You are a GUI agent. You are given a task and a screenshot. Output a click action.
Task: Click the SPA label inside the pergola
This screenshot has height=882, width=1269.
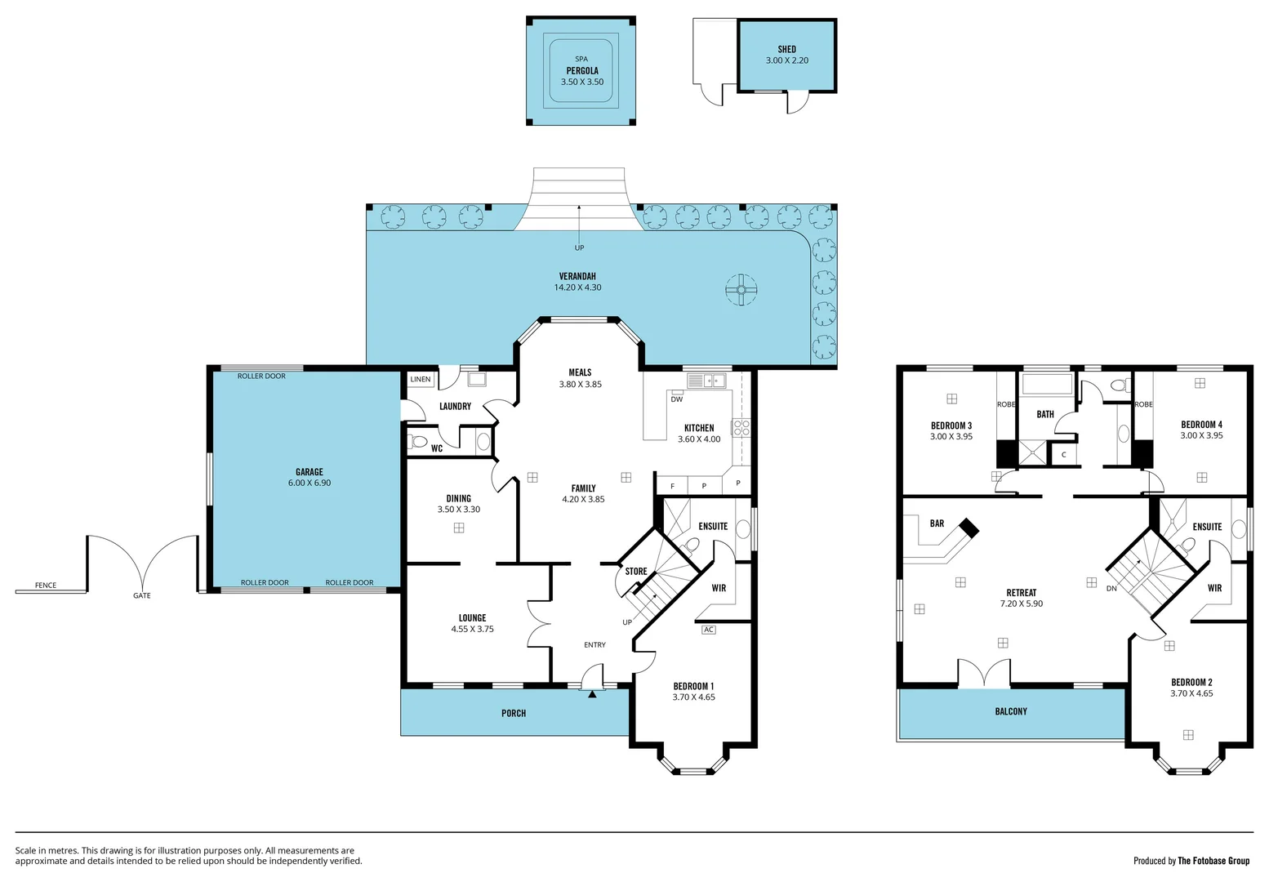tap(581, 59)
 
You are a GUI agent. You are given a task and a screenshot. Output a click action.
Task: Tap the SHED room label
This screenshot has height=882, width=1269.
tap(786, 49)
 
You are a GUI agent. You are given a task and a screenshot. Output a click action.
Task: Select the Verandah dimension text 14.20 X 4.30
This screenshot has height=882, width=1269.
tap(577, 287)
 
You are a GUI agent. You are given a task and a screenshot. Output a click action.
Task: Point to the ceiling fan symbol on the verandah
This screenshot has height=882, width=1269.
tap(741, 289)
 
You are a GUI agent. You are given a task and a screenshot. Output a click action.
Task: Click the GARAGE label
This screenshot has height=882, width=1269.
tap(309, 471)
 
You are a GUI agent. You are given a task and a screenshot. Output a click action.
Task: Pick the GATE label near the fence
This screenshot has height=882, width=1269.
tap(142, 595)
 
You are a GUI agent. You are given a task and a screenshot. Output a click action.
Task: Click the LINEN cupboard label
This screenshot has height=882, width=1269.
tap(421, 379)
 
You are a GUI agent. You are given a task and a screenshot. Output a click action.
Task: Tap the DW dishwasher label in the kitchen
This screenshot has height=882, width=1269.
tap(676, 399)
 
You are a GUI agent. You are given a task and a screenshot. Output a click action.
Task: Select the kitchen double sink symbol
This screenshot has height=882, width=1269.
tap(706, 381)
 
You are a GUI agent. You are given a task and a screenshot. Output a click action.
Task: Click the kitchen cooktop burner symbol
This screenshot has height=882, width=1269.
tap(741, 427)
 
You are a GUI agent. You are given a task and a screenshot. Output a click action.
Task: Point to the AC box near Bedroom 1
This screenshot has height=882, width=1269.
tap(708, 630)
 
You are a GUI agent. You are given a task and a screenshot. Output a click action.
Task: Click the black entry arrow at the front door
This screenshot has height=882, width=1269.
tap(592, 694)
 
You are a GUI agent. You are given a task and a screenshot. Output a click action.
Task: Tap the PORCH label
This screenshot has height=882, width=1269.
tap(514, 713)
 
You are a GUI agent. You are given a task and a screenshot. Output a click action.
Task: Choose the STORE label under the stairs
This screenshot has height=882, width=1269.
tap(635, 572)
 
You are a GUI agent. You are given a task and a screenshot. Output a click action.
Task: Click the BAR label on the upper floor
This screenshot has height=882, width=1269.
tap(937, 523)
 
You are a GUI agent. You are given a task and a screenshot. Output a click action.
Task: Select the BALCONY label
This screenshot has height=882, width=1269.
tap(1011, 711)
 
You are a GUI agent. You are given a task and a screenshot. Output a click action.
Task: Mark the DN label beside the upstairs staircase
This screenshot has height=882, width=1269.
tap(1111, 588)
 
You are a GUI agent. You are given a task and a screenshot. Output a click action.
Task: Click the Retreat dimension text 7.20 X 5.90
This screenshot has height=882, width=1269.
tap(1021, 604)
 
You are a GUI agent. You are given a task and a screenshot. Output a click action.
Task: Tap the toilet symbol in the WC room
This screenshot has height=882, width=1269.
tap(419, 443)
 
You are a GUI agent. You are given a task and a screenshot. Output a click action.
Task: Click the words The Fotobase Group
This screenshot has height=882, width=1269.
tap(1213, 861)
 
